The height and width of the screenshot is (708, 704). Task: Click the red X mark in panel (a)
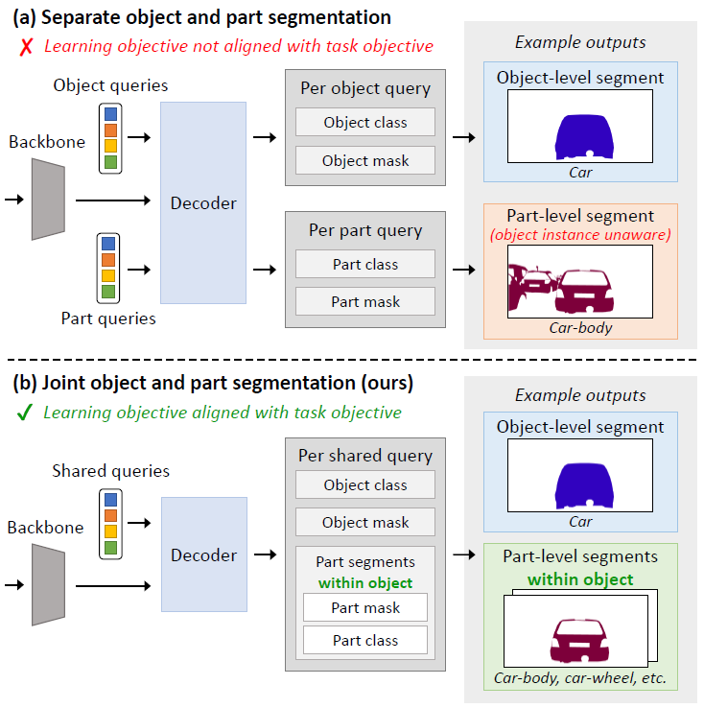point(26,46)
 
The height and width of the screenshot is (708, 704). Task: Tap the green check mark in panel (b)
point(25,412)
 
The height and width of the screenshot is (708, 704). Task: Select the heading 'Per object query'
point(365,88)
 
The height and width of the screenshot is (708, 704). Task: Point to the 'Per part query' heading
point(365,231)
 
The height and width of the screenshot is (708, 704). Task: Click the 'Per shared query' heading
point(365,456)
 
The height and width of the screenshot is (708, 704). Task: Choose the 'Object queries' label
point(110,85)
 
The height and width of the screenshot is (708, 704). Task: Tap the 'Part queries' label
point(108,319)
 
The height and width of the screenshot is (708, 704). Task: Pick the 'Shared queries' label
point(110,471)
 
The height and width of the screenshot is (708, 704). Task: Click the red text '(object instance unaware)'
point(580,235)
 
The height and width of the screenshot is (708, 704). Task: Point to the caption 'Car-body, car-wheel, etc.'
point(580,677)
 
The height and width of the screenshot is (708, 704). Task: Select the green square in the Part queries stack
point(108,292)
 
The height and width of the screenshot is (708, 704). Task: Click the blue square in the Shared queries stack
point(110,500)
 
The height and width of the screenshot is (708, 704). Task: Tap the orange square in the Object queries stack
point(110,130)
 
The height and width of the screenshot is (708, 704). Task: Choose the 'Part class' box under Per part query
point(365,264)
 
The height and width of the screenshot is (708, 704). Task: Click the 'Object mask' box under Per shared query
point(365,522)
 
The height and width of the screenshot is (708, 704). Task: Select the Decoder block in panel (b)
point(204,555)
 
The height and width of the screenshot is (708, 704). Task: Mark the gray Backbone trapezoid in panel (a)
point(48,200)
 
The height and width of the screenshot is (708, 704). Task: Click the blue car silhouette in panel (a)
point(584,137)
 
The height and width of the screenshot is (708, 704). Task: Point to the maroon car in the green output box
point(580,640)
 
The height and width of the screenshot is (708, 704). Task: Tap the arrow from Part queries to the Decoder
point(139,270)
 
